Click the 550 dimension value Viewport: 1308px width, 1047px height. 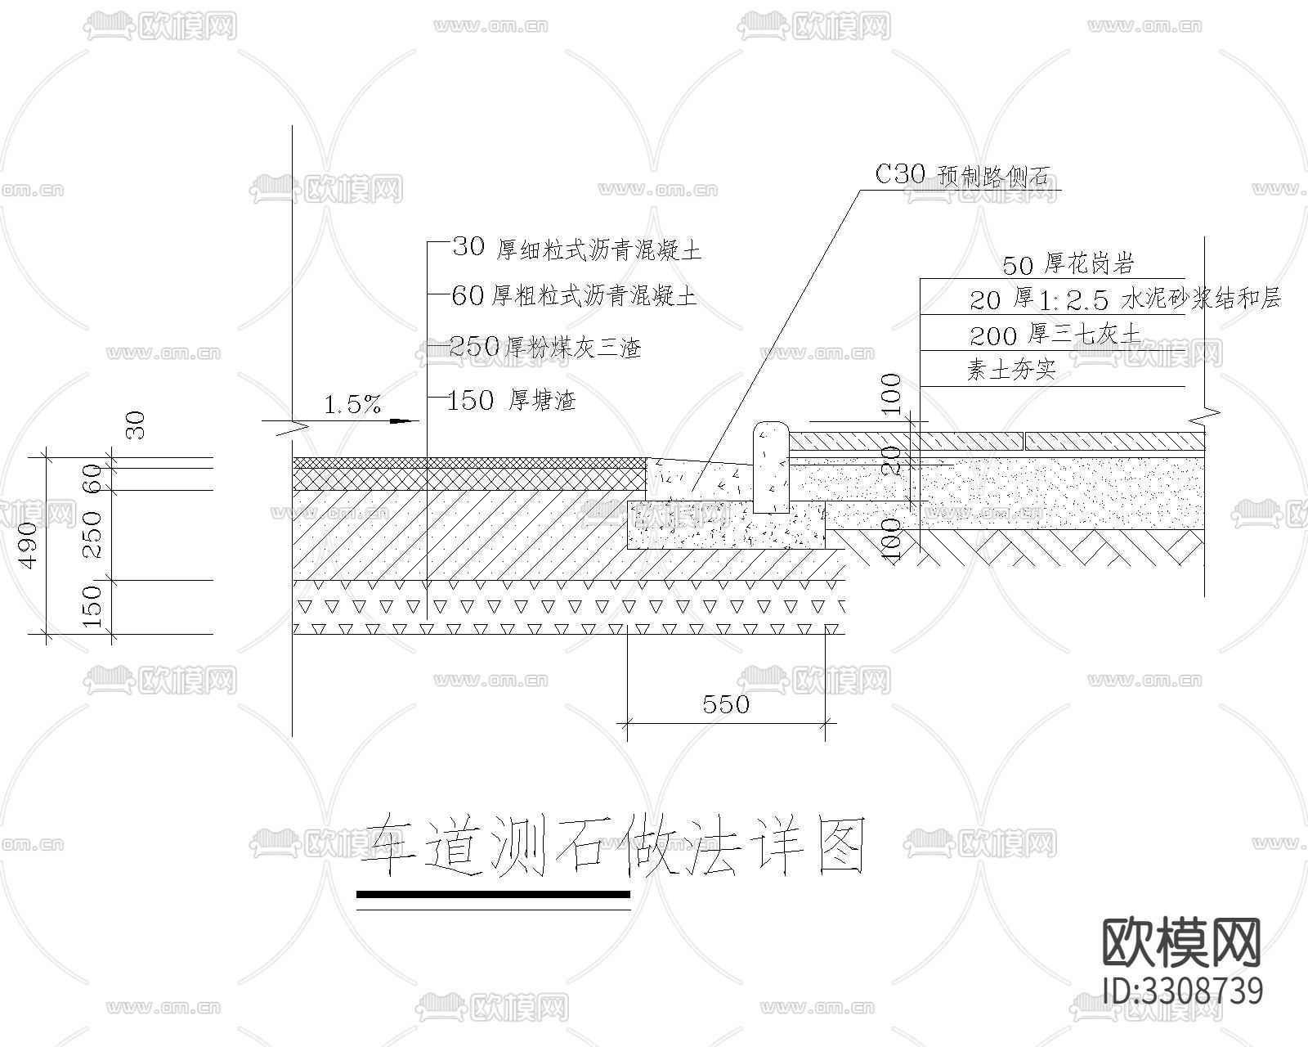point(726,704)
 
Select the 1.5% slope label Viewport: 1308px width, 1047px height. point(352,404)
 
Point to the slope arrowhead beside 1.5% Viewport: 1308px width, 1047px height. point(401,421)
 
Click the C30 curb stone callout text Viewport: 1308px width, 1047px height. point(962,175)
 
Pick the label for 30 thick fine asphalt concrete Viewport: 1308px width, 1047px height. point(576,249)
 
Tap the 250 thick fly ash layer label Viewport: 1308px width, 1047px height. point(545,348)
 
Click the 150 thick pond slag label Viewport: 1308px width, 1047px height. point(513,401)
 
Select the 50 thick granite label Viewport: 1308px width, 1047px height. point(1068,264)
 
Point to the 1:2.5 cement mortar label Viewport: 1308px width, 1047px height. point(1125,299)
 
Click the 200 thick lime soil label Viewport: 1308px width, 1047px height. point(1055,335)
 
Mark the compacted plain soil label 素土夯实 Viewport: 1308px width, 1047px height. point(1011,371)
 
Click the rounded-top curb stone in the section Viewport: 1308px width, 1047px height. point(769,466)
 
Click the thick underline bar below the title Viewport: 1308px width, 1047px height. point(494,895)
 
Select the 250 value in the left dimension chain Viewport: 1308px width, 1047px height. point(93,534)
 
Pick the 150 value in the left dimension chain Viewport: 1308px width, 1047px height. point(93,606)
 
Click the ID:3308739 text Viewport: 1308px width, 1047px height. point(1182,991)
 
